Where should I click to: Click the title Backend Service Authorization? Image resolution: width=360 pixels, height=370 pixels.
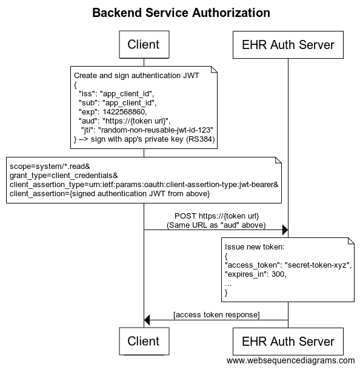(x=181, y=13)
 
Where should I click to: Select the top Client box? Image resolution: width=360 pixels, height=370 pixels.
(x=144, y=44)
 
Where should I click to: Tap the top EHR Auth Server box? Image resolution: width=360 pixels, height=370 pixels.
(x=288, y=44)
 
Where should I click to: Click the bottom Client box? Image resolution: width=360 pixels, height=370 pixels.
(x=144, y=341)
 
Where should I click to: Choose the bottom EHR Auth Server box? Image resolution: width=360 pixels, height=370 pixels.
(x=288, y=341)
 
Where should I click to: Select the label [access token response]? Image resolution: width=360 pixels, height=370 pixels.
(x=216, y=314)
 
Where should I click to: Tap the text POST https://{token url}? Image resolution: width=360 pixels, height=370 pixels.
(x=216, y=216)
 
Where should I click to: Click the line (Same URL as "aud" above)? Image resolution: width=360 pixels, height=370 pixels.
(x=216, y=225)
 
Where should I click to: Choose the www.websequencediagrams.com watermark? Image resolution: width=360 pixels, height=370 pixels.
(x=290, y=360)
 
